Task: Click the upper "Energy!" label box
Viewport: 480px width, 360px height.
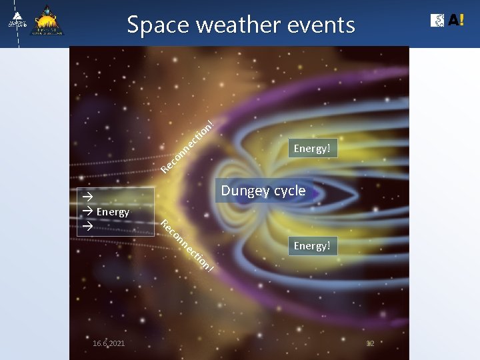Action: [312, 148]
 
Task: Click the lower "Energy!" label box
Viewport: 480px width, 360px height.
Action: [312, 245]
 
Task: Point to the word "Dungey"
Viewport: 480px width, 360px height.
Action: [243, 191]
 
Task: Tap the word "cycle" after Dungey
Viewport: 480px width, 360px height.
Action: [288, 191]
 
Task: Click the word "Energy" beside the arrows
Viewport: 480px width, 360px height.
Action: [113, 212]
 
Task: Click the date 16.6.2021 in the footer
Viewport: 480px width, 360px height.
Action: [109, 343]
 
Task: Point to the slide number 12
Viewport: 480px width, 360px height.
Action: [371, 343]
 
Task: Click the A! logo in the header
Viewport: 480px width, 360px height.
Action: [456, 20]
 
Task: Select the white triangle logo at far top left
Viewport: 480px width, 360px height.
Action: [17, 20]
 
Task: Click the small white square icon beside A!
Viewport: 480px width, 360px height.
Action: [438, 21]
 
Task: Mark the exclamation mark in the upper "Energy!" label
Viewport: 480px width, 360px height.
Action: [329, 148]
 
